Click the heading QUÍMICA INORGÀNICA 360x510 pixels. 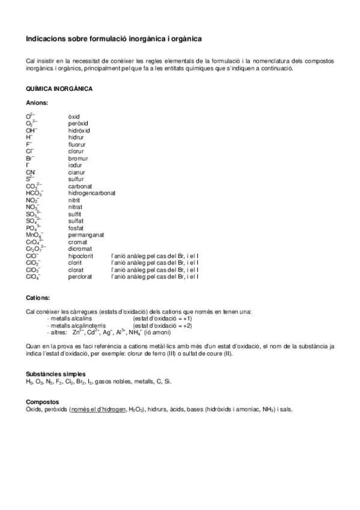[x=59, y=89]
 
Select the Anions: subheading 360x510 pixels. [x=37, y=103]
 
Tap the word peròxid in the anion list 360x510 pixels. [x=78, y=123]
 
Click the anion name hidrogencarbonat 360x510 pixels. [x=92, y=193]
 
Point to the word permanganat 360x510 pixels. [x=86, y=235]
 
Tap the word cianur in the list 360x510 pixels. [x=77, y=172]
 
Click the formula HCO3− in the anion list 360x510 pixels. [x=34, y=194]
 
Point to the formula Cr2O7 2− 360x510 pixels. [x=35, y=249]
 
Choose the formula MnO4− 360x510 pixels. [x=34, y=235]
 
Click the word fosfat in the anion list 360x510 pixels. [x=76, y=228]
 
